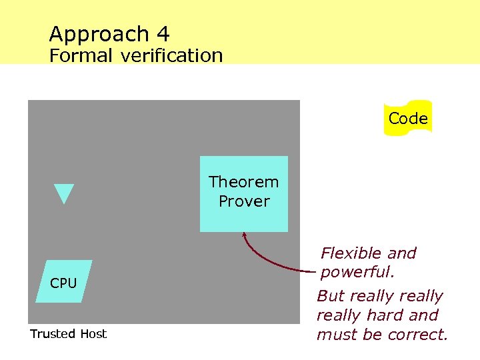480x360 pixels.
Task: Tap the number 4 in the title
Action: click(x=164, y=33)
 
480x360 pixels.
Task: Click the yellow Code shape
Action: click(x=408, y=119)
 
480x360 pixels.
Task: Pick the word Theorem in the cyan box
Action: click(x=243, y=182)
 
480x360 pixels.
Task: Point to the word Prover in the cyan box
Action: click(x=244, y=201)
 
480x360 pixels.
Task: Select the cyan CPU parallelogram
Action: click(x=63, y=283)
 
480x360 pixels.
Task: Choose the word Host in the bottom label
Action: click(x=93, y=334)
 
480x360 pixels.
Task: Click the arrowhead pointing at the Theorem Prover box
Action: click(x=244, y=235)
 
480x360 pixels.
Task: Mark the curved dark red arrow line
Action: click(x=267, y=264)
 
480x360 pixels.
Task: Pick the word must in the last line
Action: click(x=337, y=335)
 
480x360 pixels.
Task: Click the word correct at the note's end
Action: click(x=417, y=335)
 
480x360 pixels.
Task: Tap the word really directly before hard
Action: click(x=344, y=315)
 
